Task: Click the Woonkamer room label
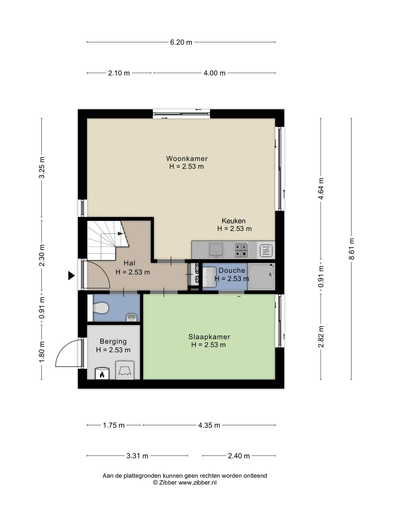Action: [187, 158]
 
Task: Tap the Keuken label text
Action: [234, 221]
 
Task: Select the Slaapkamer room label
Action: [209, 337]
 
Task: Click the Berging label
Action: [113, 342]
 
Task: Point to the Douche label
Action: [232, 271]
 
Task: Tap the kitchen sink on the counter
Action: [216, 250]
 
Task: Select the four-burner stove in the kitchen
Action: [241, 250]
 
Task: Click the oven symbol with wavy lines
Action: [266, 251]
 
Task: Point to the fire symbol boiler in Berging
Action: [103, 374]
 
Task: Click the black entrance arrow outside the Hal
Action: [71, 275]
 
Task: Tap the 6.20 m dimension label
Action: [181, 42]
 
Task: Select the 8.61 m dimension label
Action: [351, 249]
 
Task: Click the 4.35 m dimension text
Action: [209, 425]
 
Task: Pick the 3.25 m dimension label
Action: [42, 168]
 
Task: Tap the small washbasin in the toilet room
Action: [131, 317]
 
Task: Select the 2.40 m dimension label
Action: [239, 456]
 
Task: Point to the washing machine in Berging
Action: [125, 370]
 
